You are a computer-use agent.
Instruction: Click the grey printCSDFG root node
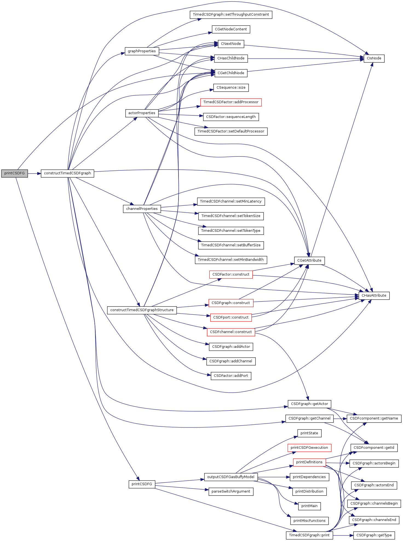15,173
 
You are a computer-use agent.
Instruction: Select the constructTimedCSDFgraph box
67,173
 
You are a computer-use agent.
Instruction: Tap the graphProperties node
142,51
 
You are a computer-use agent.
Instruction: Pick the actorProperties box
142,113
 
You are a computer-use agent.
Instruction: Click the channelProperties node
142,209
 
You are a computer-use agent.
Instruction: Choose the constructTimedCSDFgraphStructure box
142,310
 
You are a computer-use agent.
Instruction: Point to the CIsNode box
374,59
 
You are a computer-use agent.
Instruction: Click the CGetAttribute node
309,261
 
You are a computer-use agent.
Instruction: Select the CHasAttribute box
374,296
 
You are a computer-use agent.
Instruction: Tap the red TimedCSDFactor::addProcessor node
231,102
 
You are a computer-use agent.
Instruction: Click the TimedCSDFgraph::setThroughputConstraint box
231,15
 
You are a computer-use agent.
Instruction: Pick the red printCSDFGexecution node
309,448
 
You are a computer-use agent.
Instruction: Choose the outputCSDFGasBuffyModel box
231,477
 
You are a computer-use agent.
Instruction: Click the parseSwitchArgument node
231,492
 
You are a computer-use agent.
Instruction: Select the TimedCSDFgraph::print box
309,536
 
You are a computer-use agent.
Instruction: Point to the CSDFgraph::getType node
374,536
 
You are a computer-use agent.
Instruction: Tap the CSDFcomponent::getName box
374,419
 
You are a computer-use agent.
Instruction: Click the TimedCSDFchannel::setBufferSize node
231,245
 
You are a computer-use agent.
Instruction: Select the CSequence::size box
231,88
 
